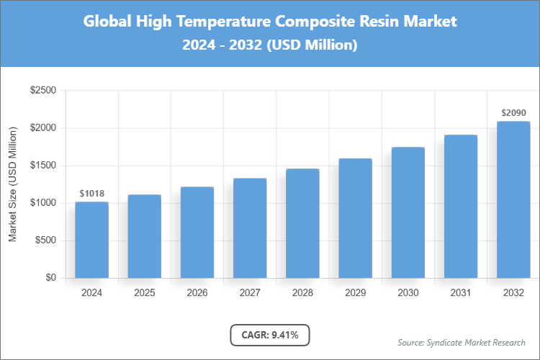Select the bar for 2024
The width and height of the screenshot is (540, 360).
91,240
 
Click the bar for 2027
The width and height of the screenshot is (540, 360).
250,228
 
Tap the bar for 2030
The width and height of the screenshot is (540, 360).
408,212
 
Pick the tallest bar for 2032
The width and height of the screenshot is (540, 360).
513,199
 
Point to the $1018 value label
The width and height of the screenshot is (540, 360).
91,194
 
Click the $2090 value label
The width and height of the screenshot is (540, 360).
513,113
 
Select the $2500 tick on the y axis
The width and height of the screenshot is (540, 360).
42,91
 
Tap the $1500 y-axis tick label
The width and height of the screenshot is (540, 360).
42,166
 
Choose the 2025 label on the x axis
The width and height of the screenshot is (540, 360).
144,293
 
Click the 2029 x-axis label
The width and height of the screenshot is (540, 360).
355,293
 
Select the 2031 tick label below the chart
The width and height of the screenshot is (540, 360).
461,293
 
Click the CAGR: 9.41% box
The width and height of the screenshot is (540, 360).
270,334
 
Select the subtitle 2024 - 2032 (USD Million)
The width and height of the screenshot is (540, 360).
270,45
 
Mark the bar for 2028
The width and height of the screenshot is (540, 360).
302,223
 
